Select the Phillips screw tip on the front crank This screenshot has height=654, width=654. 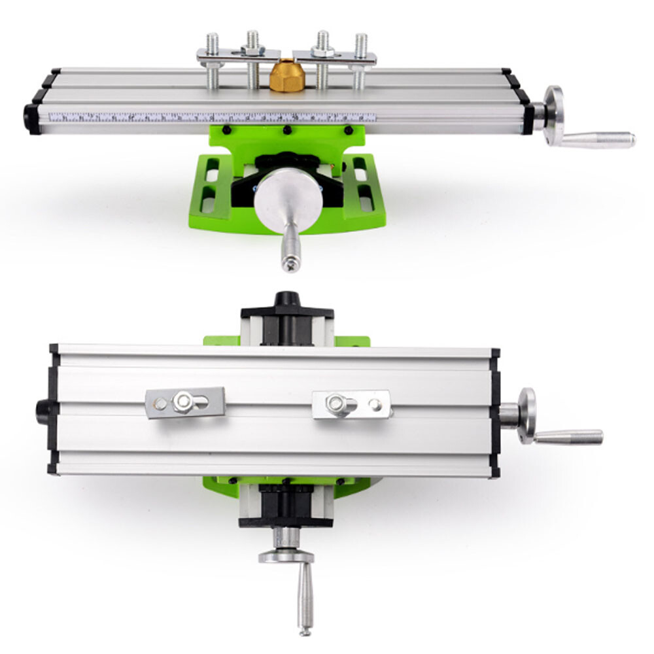click(290, 265)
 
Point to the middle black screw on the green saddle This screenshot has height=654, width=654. click(286, 131)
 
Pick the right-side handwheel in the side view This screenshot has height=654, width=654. click(553, 116)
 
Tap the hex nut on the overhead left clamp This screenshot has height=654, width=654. click(182, 402)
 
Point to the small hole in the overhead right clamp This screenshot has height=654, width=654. click(375, 404)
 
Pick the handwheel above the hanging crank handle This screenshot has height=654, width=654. click(286, 557)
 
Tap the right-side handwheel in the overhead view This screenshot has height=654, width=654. click(526, 415)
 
